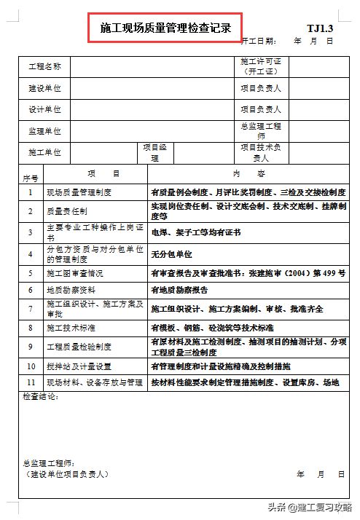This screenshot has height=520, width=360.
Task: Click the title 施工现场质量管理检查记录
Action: coord(165,29)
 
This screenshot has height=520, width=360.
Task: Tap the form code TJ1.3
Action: coord(319,28)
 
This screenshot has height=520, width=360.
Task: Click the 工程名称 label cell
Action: coord(44,67)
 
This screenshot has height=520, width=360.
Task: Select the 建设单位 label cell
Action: coord(44,88)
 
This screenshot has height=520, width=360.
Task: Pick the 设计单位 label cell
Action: coord(44,109)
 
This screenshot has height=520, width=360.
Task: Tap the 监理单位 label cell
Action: coord(44,131)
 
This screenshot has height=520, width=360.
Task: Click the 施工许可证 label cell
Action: coord(261,67)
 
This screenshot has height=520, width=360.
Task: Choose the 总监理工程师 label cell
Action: coord(261,131)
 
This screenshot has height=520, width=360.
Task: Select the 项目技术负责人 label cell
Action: coord(261,152)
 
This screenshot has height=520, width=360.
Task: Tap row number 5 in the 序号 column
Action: coord(31,273)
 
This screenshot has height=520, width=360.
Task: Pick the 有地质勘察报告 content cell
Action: coord(179,289)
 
